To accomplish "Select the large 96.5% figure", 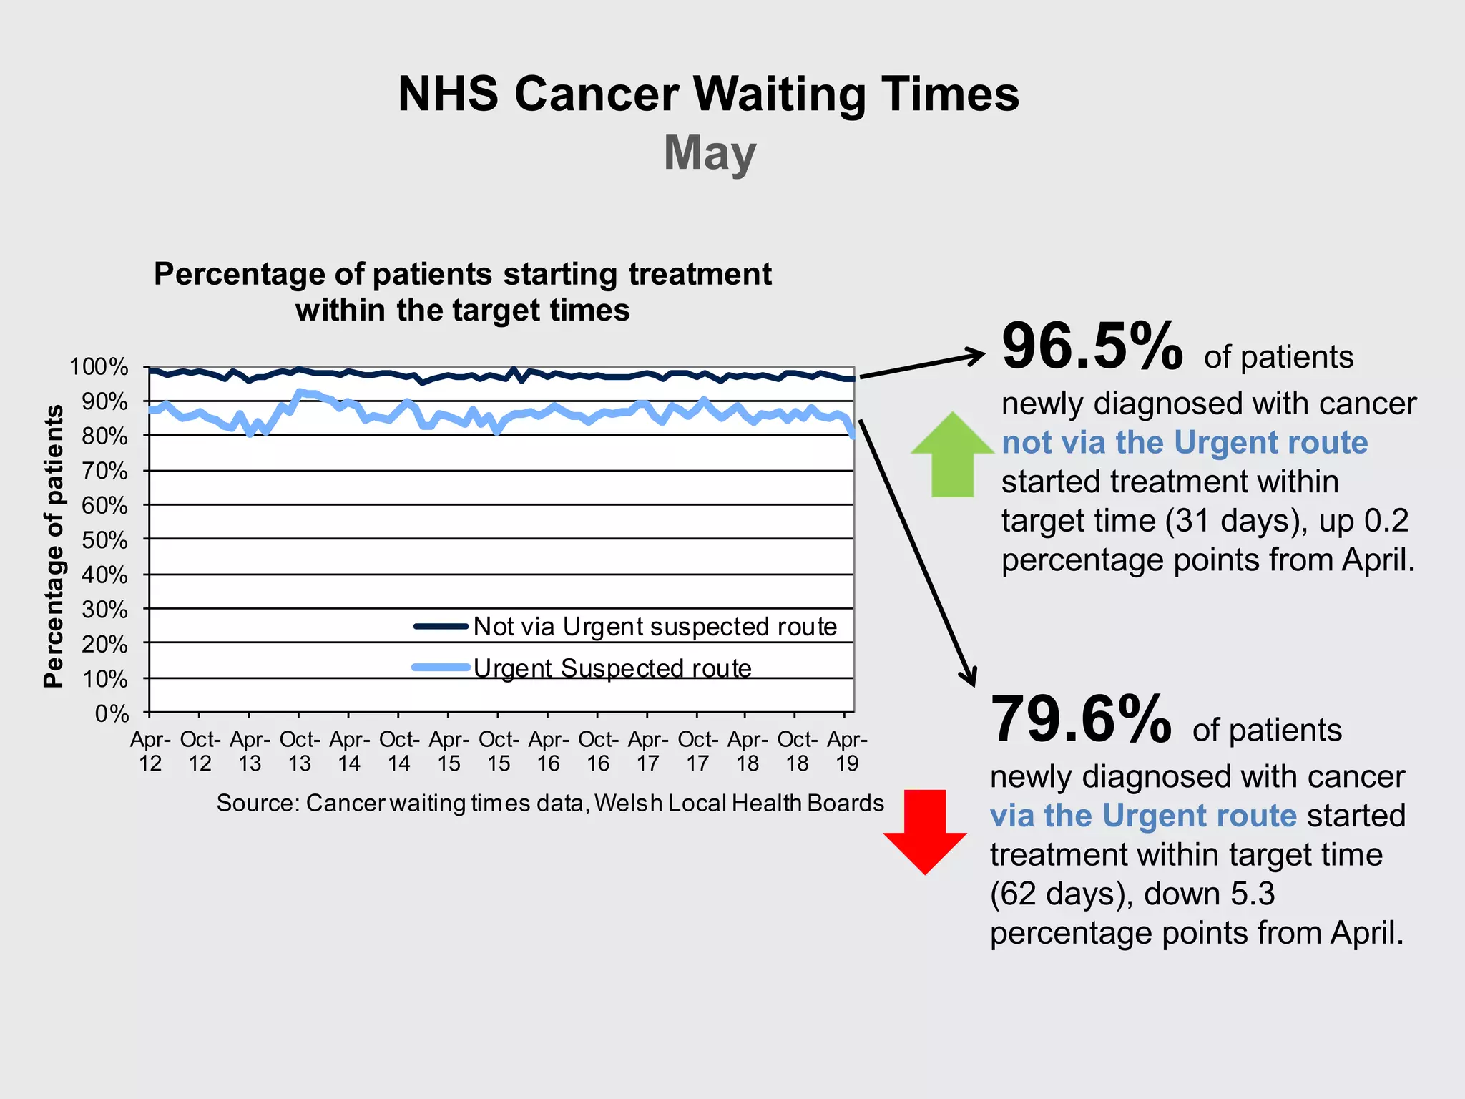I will tap(1092, 347).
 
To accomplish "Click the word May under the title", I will tap(709, 152).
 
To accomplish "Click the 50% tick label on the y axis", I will tap(104, 540).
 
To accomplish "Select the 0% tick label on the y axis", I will tap(112, 713).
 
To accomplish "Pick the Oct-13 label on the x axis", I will tap(300, 751).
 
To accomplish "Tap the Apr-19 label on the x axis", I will tap(847, 751).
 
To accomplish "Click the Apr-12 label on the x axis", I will tap(150, 751).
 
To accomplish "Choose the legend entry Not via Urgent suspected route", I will tap(655, 627).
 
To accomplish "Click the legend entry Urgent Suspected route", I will tap(612, 668).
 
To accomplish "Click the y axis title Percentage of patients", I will tap(54, 545).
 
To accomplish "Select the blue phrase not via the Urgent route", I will tap(1184, 442).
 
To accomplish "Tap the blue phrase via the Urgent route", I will tap(1142, 816).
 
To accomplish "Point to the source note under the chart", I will tap(550, 803).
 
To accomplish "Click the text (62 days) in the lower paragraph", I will tap(1057, 894).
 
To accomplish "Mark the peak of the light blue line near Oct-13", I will tap(300, 391).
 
